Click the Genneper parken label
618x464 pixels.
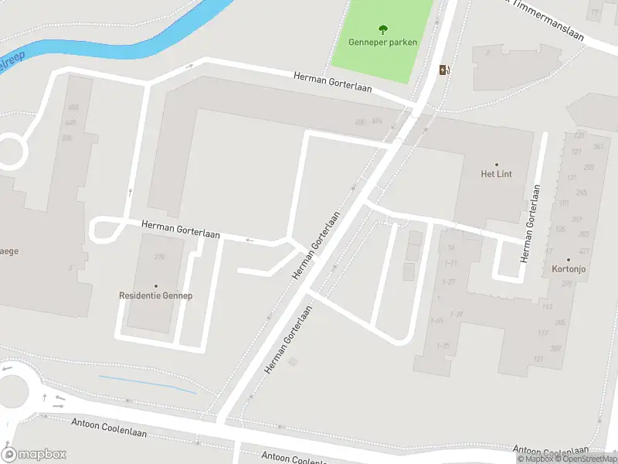coord(382,42)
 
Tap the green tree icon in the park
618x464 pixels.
coord(382,29)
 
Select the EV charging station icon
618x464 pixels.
coord(444,70)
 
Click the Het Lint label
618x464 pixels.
coord(496,174)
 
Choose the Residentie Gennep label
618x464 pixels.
coord(155,295)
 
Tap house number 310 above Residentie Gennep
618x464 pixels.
coord(159,257)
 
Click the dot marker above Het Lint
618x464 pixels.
coord(496,164)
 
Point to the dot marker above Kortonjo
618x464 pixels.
coord(568,260)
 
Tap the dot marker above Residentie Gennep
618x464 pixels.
coord(155,285)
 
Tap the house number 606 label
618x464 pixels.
coord(73,107)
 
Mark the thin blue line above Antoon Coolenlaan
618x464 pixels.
coord(147,384)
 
